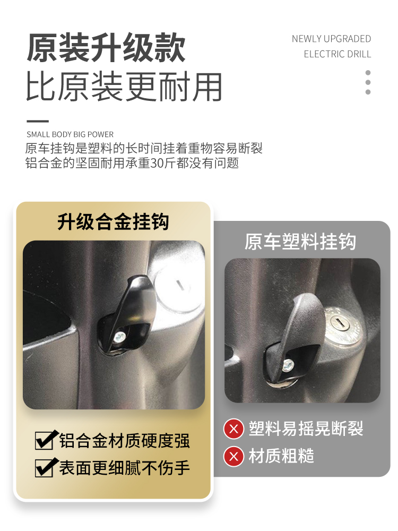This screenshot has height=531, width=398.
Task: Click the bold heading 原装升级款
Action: [x=106, y=49]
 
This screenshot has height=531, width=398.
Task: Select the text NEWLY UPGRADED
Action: [x=331, y=39]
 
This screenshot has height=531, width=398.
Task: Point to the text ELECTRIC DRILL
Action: [x=338, y=54]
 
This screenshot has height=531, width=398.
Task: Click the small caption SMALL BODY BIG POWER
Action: [x=70, y=134]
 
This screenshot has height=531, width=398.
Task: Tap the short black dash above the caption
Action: [x=38, y=122]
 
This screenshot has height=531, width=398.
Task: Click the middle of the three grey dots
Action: [x=368, y=82]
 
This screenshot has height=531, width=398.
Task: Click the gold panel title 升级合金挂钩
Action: [x=113, y=221]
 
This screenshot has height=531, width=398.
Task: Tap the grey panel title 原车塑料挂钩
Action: [x=300, y=242]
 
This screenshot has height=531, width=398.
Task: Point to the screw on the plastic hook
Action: [x=289, y=365]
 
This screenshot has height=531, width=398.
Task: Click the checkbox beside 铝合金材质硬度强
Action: [x=44, y=440]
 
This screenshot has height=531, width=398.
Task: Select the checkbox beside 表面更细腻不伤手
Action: [x=44, y=468]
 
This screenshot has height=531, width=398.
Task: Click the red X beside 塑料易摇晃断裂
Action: [x=233, y=429]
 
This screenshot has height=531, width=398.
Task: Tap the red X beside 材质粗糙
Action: [x=233, y=456]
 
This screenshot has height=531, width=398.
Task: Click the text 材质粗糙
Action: [x=281, y=456]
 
